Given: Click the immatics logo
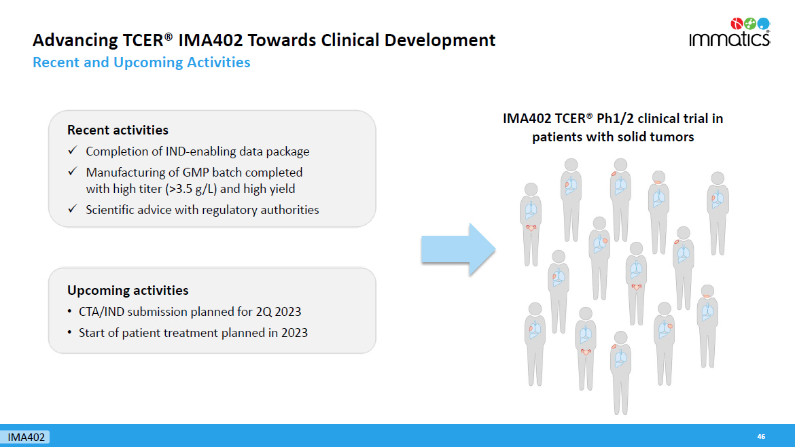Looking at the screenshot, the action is coord(730,33).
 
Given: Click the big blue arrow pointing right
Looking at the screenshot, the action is coord(458,249).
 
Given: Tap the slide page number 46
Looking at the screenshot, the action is coord(761,436).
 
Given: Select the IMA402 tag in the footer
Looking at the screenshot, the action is coord(25,437).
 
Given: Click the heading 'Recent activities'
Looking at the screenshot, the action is coord(118,130).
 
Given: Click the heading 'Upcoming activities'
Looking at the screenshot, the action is coord(128,290).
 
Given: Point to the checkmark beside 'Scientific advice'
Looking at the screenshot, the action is coord(73,209).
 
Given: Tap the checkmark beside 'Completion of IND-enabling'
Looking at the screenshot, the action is coord(73,151).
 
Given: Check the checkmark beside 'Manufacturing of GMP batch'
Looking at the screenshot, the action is coord(73,172).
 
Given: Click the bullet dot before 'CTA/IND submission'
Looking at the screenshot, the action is coord(69,311).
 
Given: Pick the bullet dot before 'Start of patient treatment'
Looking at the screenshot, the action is coord(69,332).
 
